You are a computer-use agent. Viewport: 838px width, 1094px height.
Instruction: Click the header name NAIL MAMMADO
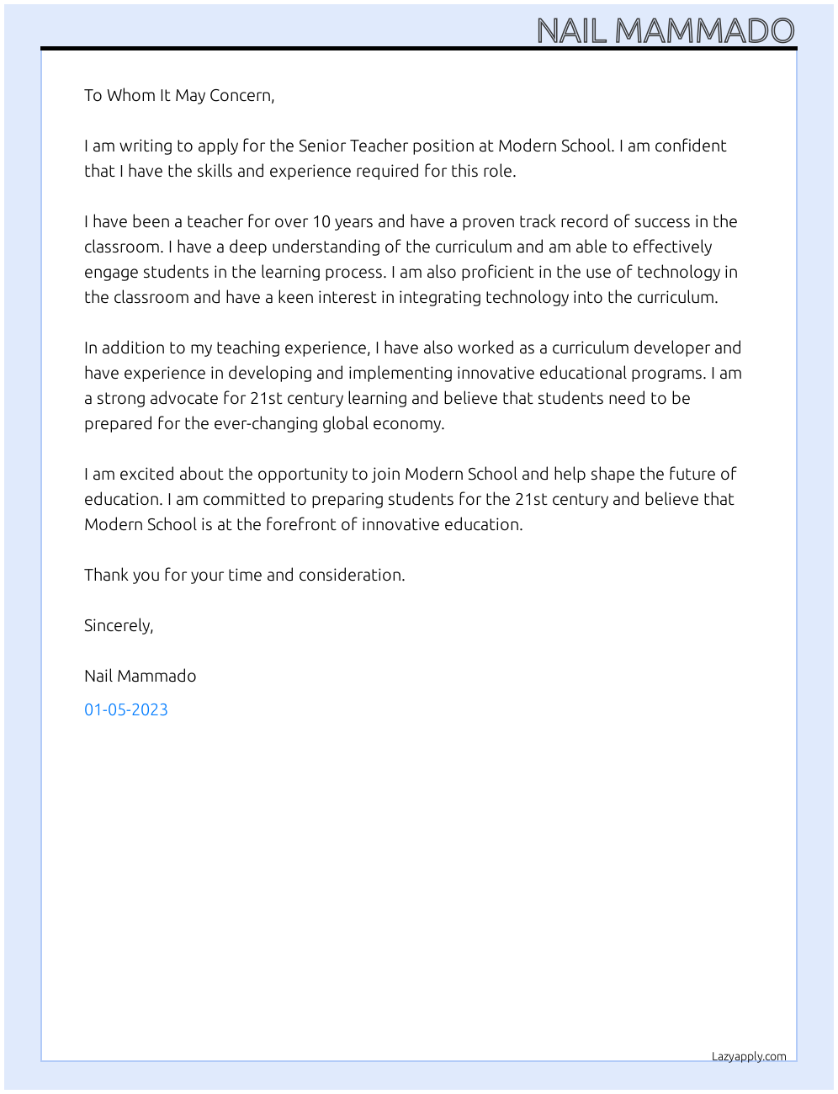point(665,31)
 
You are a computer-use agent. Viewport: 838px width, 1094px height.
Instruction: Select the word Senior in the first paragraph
point(321,146)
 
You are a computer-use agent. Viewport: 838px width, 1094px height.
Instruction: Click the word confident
point(690,146)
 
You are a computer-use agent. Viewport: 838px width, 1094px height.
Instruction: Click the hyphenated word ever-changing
point(265,423)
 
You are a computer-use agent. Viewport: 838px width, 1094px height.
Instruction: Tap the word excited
point(146,474)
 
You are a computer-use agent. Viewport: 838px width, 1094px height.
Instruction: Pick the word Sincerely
point(118,625)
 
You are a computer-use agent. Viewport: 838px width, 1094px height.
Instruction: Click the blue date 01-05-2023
point(126,709)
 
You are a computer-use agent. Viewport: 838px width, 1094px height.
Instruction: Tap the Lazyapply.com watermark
point(749,1056)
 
